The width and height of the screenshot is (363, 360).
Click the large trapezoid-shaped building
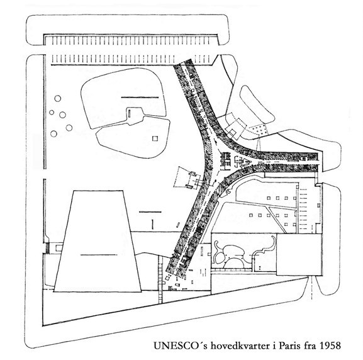click(98, 241)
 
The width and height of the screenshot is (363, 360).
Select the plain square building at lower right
click(299, 255)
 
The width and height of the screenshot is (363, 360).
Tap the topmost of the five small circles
click(58, 98)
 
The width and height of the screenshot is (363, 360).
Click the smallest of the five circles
click(52, 113)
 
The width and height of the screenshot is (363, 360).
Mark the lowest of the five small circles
click(53, 133)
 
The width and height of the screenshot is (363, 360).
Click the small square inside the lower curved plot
click(155, 138)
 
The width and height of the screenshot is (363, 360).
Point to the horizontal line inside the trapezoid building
click(99, 255)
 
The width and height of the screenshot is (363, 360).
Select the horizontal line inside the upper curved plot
click(140, 98)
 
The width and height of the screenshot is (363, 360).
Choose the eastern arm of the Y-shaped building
click(278, 160)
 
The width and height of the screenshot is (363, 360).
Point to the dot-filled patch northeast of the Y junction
click(259, 130)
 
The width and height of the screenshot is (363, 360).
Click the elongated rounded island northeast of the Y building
click(257, 104)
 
